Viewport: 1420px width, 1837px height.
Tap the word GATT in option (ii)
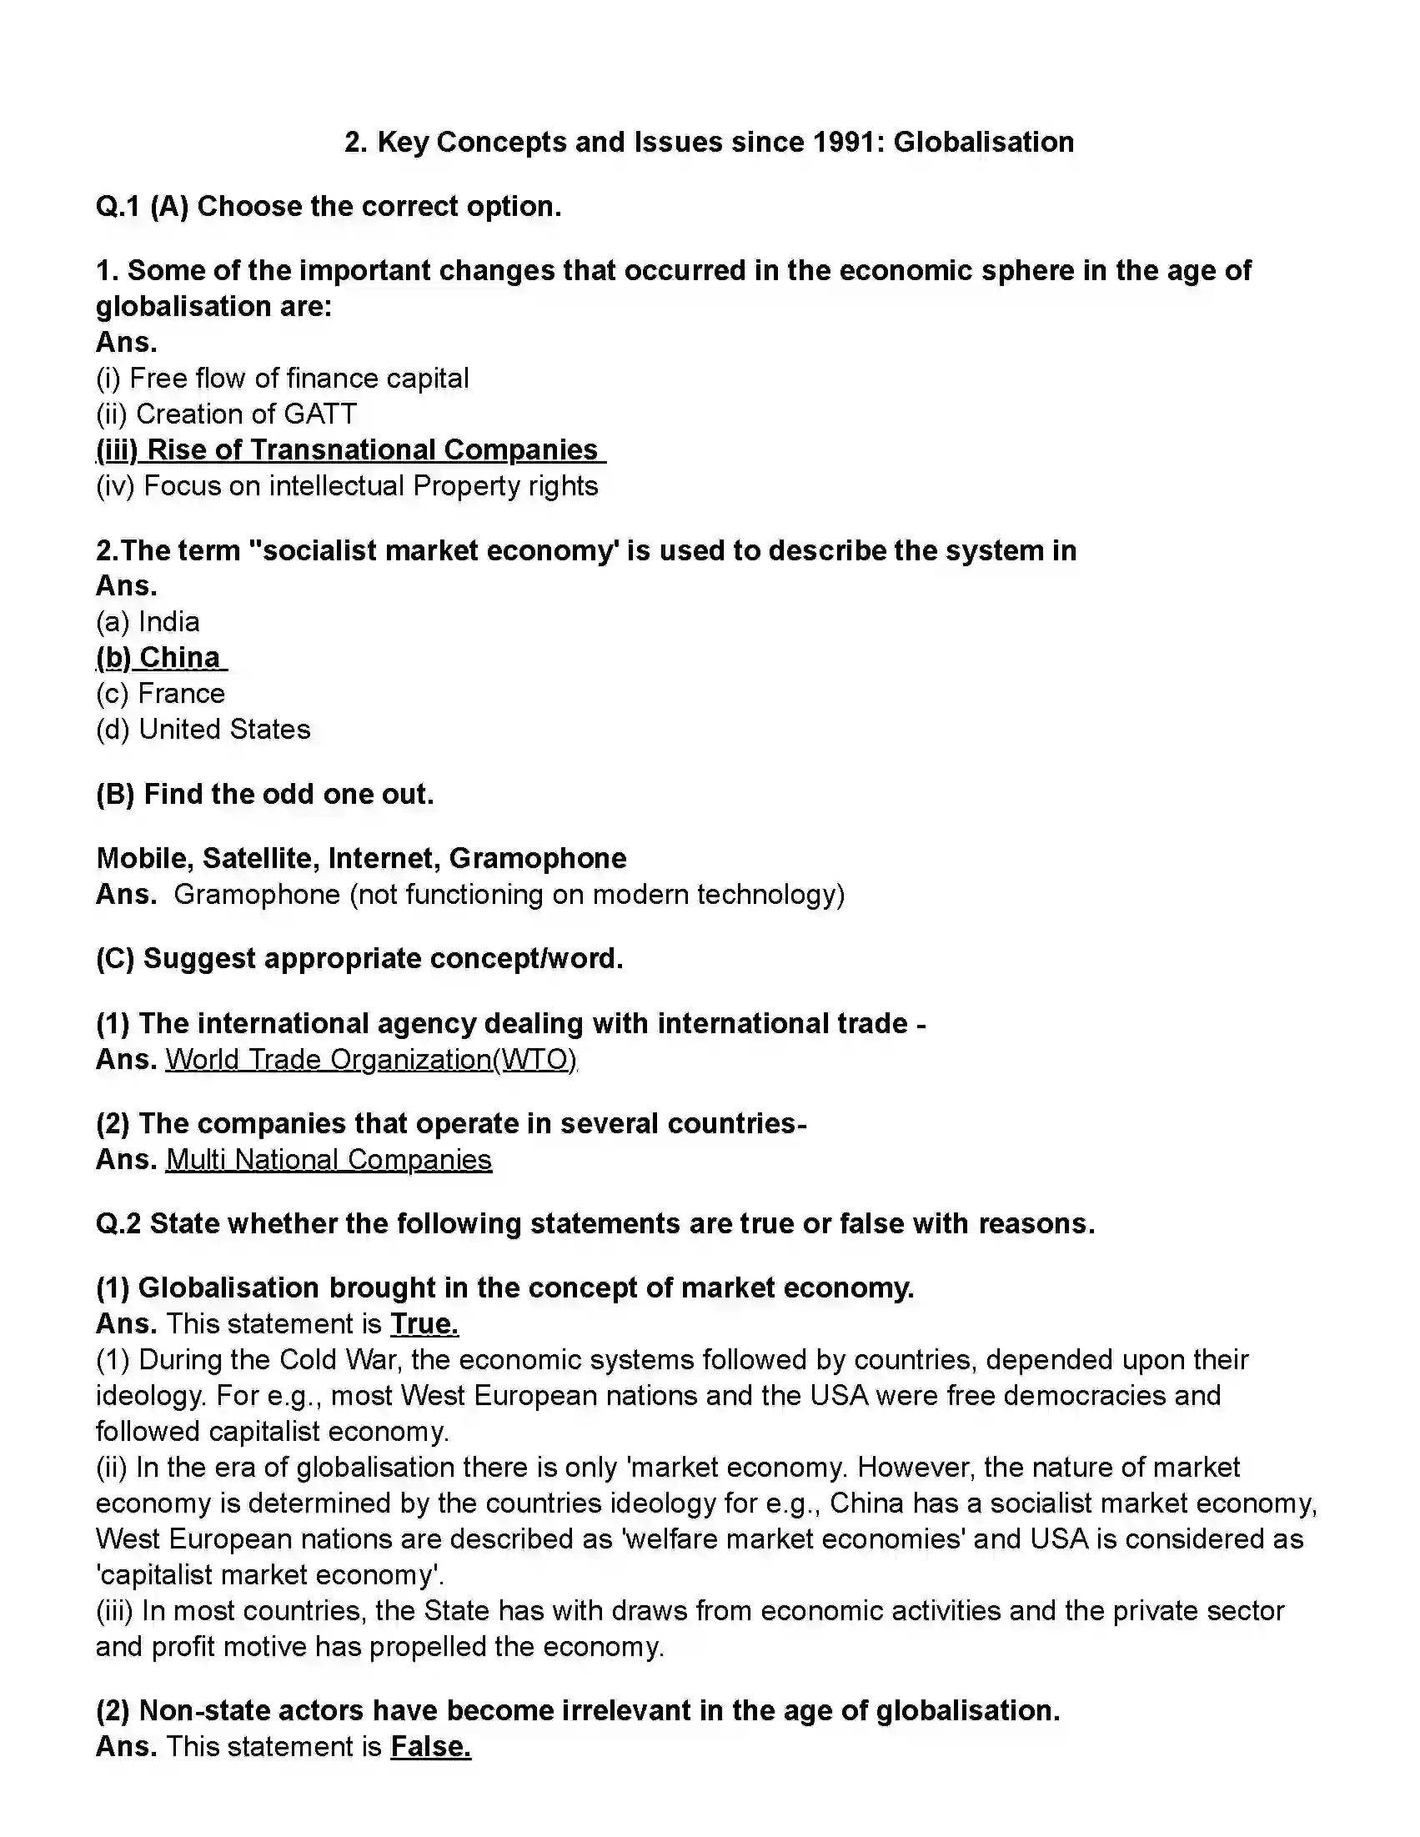(x=320, y=414)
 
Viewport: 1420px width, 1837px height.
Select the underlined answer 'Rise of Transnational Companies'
(x=350, y=450)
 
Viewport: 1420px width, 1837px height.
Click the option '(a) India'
(x=148, y=621)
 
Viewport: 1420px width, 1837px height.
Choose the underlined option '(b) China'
(x=160, y=658)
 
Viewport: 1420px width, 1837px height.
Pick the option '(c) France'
(x=161, y=693)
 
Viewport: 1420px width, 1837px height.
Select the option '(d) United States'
(x=203, y=730)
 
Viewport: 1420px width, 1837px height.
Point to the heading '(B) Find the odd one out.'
(x=265, y=794)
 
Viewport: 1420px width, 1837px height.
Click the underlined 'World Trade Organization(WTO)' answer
(x=370, y=1059)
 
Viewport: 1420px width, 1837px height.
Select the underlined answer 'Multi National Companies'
(x=328, y=1159)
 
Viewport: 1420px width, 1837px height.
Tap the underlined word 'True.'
(x=424, y=1324)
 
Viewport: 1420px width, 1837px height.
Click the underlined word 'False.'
(x=430, y=1747)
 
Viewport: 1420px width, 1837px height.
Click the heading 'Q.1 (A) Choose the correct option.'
(x=328, y=206)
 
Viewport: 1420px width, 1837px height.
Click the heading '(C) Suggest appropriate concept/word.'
(x=359, y=959)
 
